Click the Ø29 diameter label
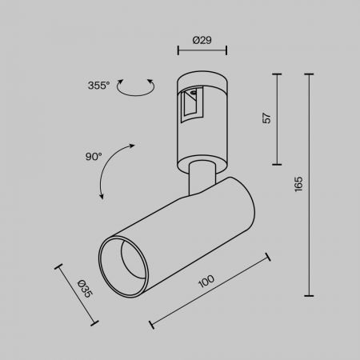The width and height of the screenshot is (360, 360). click(202, 40)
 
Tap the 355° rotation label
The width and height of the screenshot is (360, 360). click(98, 86)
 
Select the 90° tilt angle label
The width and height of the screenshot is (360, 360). click(94, 156)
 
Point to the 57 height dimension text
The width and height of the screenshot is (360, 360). click(266, 118)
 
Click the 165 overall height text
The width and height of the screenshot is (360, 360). click(298, 184)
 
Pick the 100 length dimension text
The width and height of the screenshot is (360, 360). click(206, 281)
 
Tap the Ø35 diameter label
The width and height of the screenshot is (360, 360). click(85, 289)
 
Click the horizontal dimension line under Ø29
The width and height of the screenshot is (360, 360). click(202, 50)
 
